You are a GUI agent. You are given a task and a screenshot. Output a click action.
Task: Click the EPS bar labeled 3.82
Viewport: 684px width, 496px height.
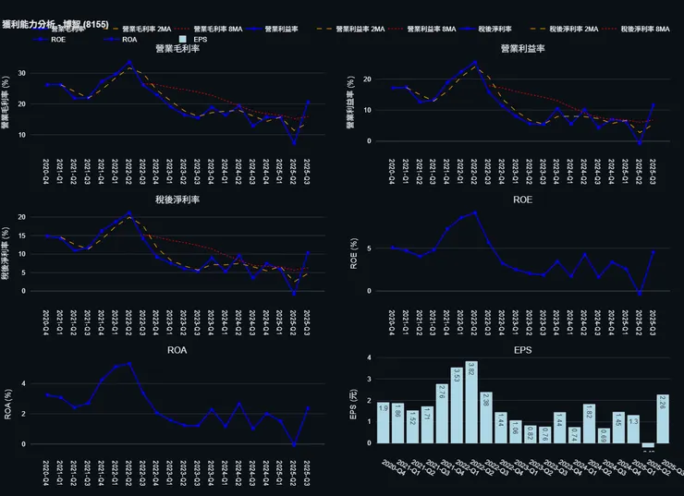(471, 403)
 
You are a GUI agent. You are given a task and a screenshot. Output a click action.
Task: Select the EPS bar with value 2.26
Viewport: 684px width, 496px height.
(662, 419)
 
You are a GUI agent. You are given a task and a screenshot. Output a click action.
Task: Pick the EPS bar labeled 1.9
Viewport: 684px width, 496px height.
(383, 423)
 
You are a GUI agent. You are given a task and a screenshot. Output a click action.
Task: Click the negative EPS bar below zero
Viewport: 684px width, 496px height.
(647, 445)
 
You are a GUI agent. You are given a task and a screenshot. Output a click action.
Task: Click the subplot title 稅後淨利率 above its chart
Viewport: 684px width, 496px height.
(177, 199)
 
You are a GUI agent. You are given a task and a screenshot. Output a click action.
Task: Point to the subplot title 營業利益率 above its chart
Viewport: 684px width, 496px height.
(522, 48)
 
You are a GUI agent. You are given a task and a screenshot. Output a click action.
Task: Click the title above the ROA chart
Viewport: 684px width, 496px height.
(177, 351)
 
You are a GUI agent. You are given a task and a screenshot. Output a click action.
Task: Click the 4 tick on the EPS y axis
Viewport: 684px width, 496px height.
(369, 357)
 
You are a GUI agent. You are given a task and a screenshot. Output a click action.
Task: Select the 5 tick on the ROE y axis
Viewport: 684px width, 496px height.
(369, 248)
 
